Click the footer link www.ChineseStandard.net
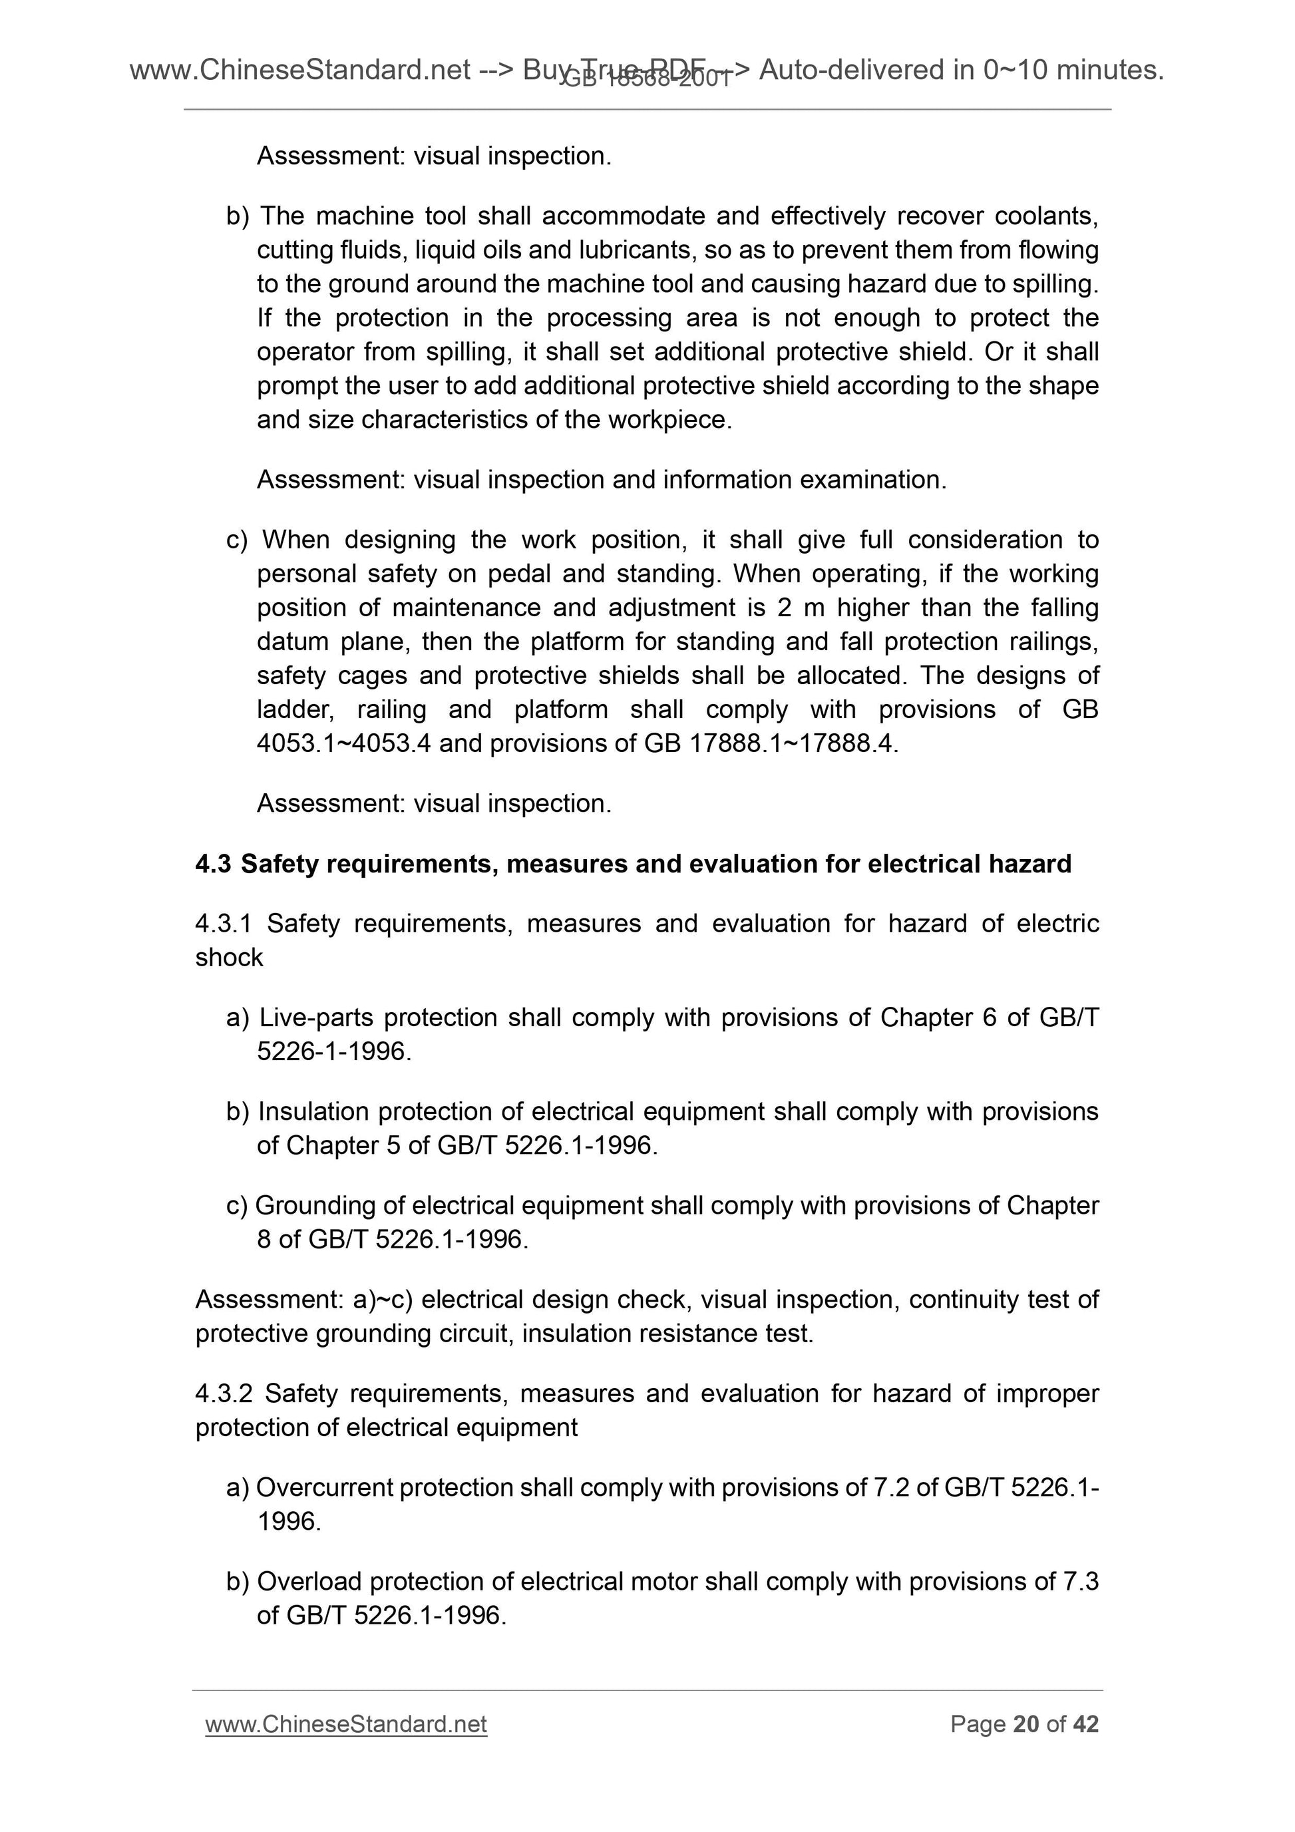[345, 1724]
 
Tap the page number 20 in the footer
[1025, 1724]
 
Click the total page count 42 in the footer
[1085, 1724]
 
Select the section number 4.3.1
[224, 923]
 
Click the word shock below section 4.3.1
[229, 958]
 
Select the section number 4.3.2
[224, 1393]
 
